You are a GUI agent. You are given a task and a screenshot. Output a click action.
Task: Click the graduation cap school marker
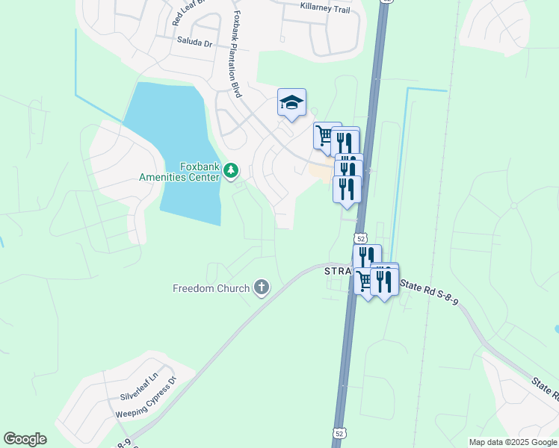291,103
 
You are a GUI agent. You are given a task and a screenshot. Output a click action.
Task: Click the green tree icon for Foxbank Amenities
232,172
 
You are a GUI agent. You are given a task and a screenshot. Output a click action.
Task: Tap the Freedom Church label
211,288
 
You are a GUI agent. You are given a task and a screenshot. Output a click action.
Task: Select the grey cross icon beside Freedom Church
262,287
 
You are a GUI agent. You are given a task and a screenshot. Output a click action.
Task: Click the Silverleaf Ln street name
140,391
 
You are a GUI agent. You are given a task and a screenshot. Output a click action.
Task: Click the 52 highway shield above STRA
361,238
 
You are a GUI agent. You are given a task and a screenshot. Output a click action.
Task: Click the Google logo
25,439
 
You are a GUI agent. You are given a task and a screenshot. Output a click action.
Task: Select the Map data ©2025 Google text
513,442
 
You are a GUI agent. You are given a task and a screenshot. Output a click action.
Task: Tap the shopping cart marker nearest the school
325,136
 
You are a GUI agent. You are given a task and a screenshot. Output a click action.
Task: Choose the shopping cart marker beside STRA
364,281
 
